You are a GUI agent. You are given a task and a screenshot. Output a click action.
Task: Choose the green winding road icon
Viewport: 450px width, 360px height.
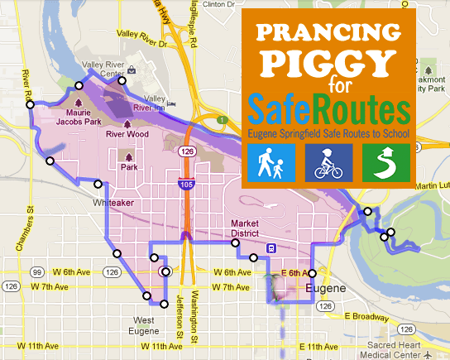pos(386,162)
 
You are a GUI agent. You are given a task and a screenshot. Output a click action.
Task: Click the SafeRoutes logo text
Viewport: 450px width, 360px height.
pos(328,111)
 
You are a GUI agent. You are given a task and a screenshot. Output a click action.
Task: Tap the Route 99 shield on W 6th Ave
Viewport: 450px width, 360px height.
pos(37,271)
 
